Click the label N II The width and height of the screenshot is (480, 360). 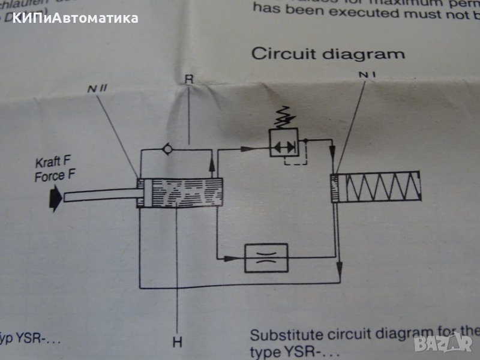tap(93, 88)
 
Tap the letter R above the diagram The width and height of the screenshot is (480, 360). tap(189, 78)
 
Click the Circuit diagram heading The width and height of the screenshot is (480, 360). tap(328, 53)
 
